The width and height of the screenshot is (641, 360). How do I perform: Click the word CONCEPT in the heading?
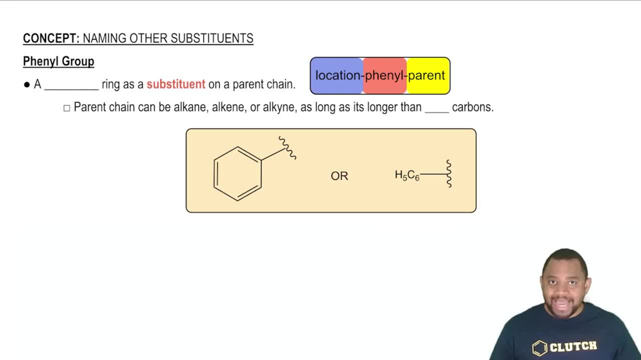pyautogui.click(x=51, y=38)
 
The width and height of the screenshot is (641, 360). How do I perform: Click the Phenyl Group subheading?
pyautogui.click(x=58, y=61)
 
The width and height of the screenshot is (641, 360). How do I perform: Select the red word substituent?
pyautogui.click(x=176, y=84)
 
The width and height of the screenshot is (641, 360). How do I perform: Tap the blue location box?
pyautogui.click(x=337, y=76)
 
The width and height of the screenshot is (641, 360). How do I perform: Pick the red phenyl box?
pyautogui.click(x=385, y=76)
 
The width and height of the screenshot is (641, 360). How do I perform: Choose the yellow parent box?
pyautogui.click(x=428, y=76)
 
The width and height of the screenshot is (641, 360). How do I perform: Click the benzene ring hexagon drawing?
pyautogui.click(x=238, y=174)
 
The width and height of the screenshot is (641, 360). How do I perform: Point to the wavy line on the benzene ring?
pyautogui.click(x=287, y=148)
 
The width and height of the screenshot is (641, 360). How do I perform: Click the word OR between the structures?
pyautogui.click(x=339, y=176)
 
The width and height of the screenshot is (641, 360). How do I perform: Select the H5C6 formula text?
pyautogui.click(x=407, y=175)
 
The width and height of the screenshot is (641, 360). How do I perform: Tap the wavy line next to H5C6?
pyautogui.click(x=449, y=174)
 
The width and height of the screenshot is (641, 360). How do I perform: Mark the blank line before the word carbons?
pyautogui.click(x=437, y=110)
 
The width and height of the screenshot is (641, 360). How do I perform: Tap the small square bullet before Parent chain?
pyautogui.click(x=67, y=108)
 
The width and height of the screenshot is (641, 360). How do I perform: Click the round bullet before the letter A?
pyautogui.click(x=27, y=85)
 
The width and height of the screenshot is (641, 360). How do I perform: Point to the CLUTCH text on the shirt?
pyautogui.click(x=574, y=347)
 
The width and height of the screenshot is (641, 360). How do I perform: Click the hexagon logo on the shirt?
pyautogui.click(x=540, y=348)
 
